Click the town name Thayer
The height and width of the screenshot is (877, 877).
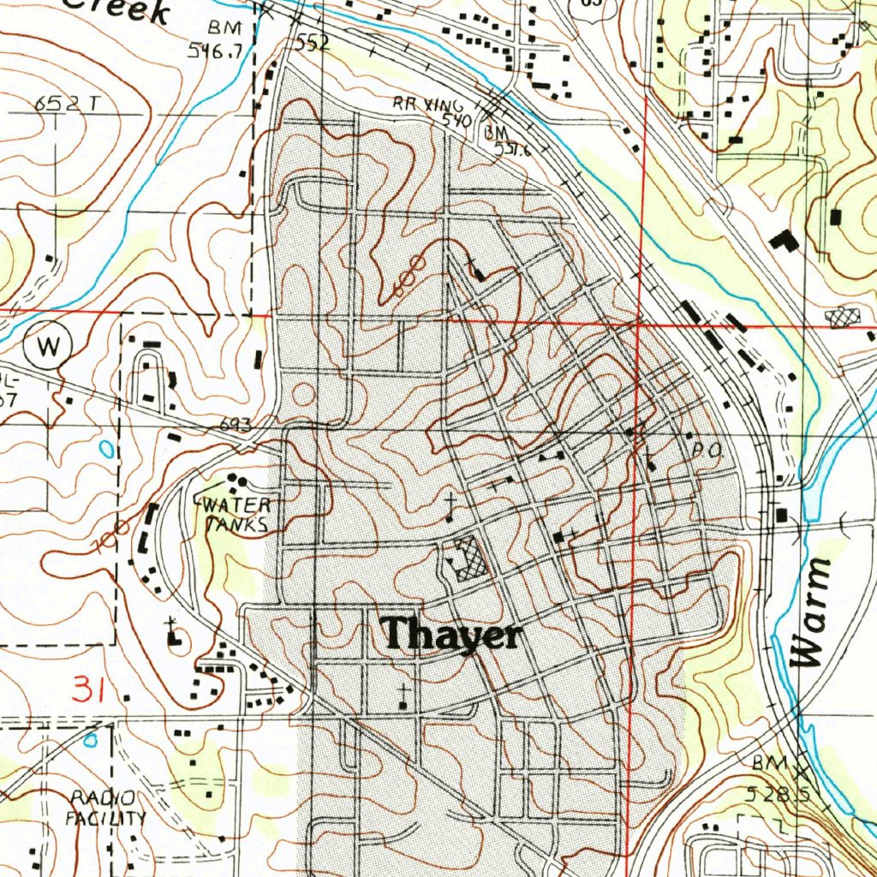click(x=452, y=635)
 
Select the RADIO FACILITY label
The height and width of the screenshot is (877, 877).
click(x=106, y=808)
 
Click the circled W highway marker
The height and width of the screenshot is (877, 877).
click(x=49, y=347)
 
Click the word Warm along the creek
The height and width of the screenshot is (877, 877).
click(x=812, y=612)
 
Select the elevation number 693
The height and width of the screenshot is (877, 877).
click(x=236, y=424)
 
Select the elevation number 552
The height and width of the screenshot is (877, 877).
click(x=313, y=43)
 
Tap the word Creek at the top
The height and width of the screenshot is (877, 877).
click(x=120, y=10)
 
